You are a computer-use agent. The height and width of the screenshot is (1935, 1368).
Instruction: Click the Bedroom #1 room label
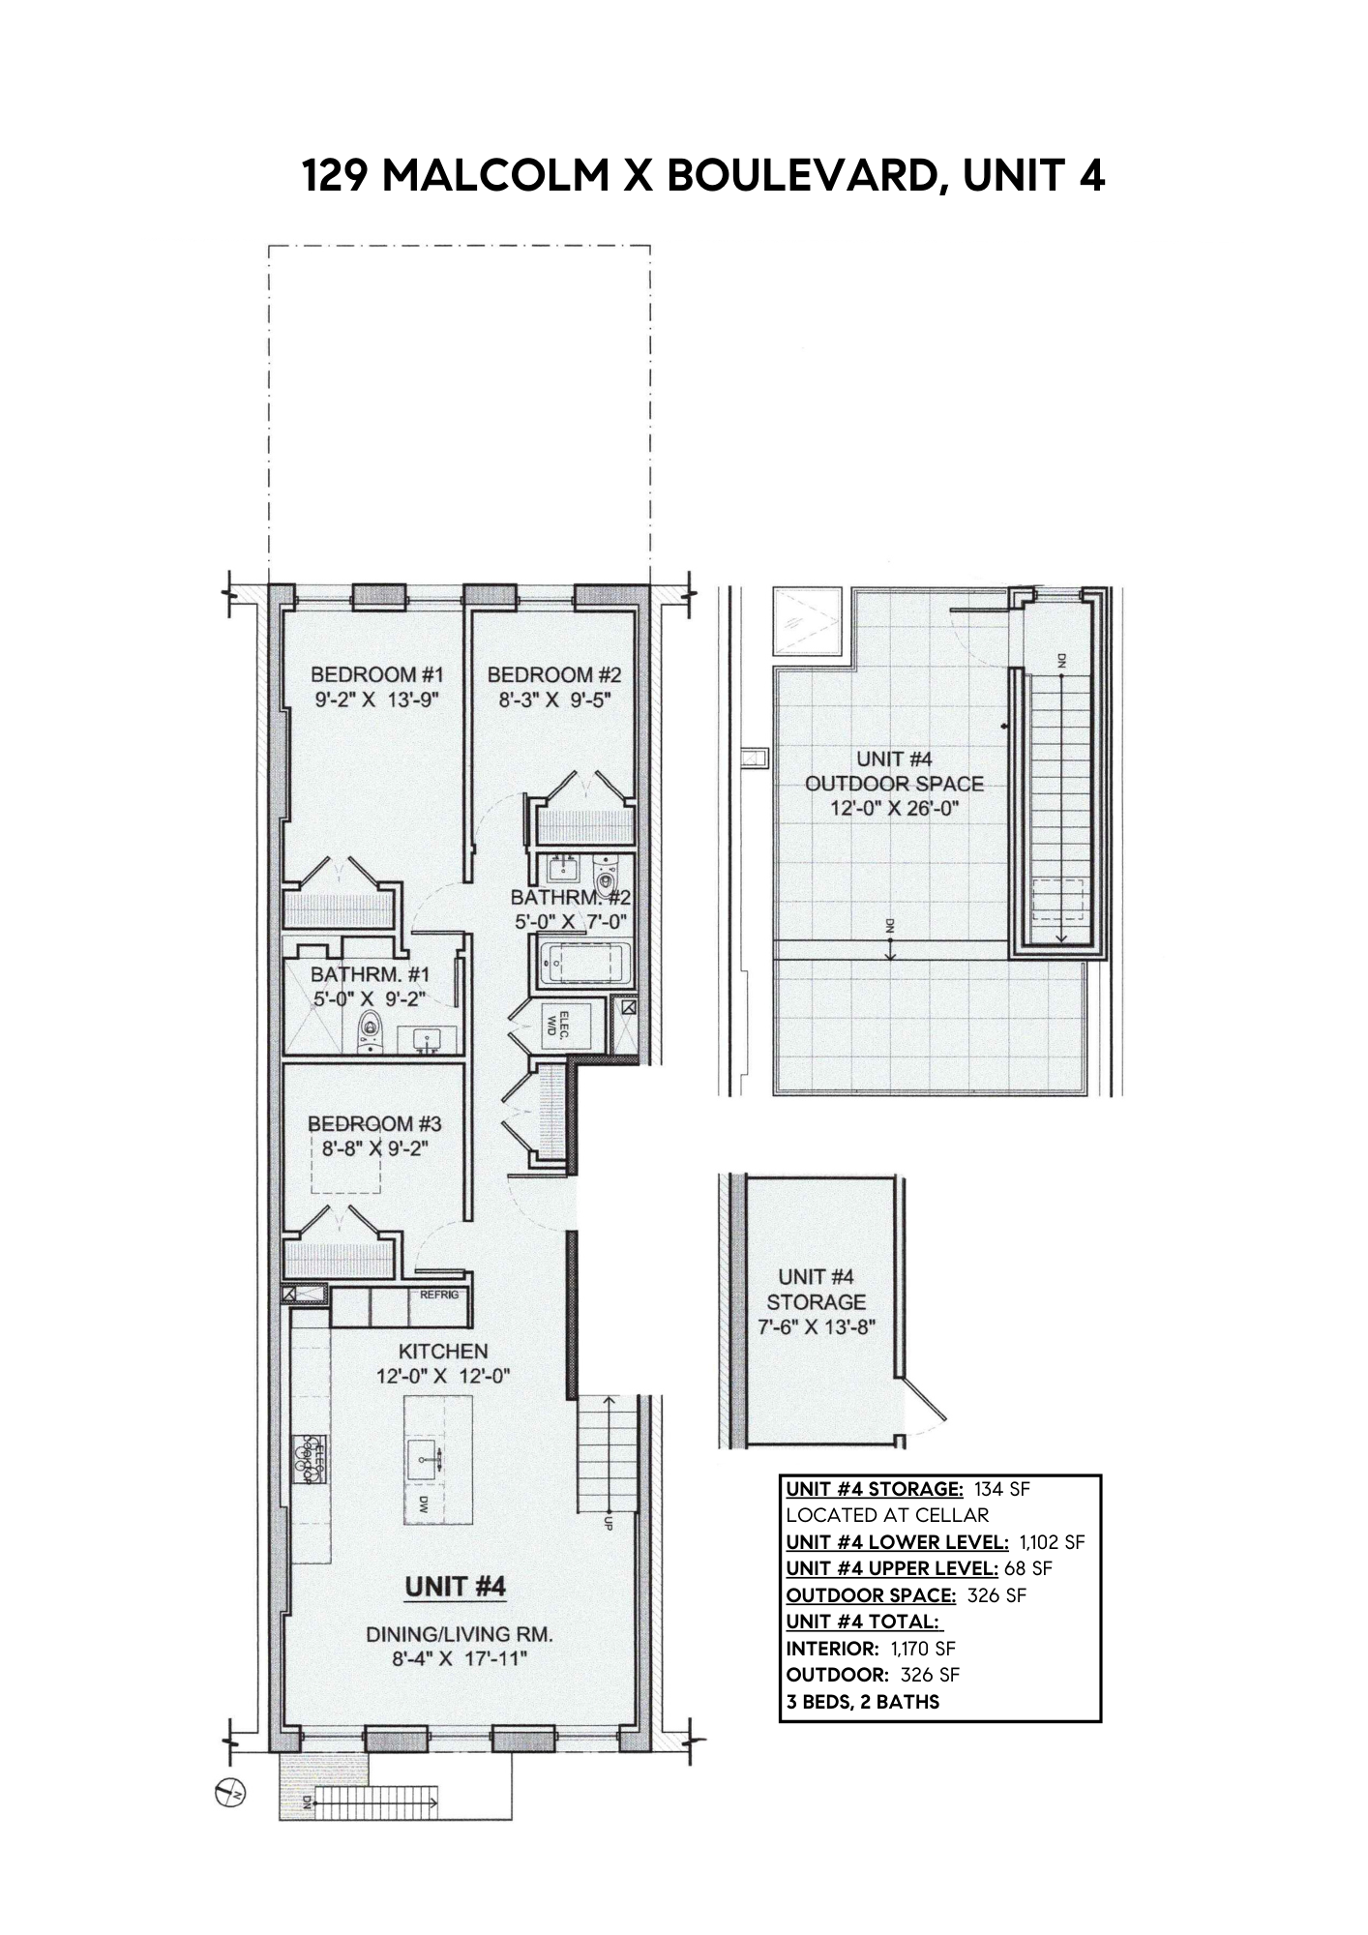tap(376, 674)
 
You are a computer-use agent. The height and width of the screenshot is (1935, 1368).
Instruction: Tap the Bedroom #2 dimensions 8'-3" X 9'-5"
tap(554, 700)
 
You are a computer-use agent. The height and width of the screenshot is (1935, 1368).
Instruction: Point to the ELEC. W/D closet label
tap(558, 1026)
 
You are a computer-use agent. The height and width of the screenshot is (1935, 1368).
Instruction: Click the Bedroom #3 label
tap(374, 1123)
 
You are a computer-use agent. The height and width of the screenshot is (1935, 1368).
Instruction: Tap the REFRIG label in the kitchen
tap(439, 1295)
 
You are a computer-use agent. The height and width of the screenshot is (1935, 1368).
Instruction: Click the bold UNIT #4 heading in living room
tap(455, 1587)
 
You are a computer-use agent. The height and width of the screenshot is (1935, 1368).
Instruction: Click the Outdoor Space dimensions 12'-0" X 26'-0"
tap(895, 809)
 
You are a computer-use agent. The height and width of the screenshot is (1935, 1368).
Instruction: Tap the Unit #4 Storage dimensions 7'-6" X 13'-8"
tap(816, 1326)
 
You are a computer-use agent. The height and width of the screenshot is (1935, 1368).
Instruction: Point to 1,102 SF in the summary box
tap(1052, 1541)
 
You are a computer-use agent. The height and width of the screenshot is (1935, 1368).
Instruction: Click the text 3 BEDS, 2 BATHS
tap(862, 1701)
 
